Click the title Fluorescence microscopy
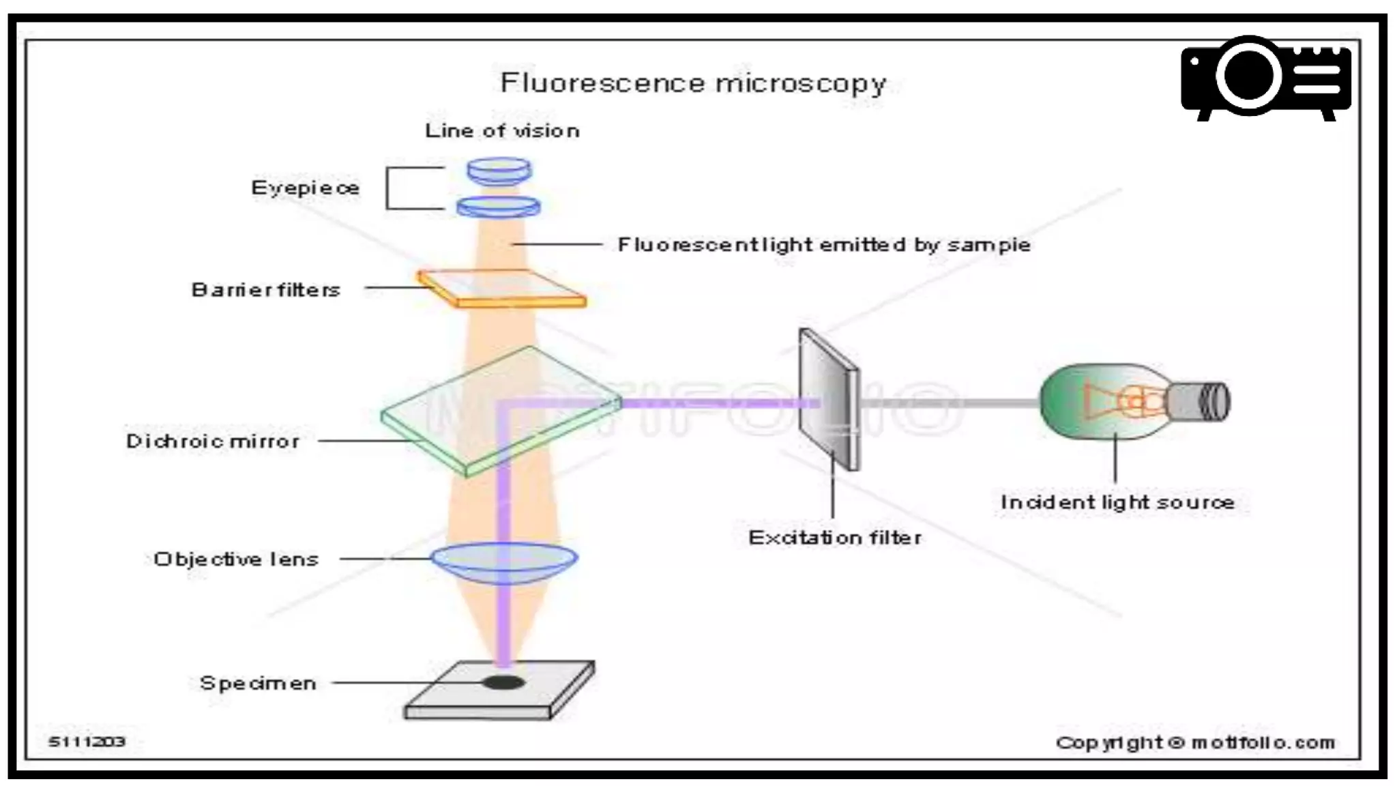[x=692, y=83]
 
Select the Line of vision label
[x=502, y=130]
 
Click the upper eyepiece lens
[x=499, y=171]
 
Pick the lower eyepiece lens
[x=499, y=206]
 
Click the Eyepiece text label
[x=305, y=188]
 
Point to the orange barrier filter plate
[x=501, y=289]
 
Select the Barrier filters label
[x=265, y=290]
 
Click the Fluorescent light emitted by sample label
[x=823, y=244]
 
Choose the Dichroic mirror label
[x=213, y=441]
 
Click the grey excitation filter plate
[x=828, y=399]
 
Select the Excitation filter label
[x=834, y=538]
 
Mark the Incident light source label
[x=1117, y=502]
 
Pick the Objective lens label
[x=236, y=559]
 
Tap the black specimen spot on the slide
[x=504, y=682]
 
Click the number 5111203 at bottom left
[x=87, y=742]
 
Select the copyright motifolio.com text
[x=1194, y=742]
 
